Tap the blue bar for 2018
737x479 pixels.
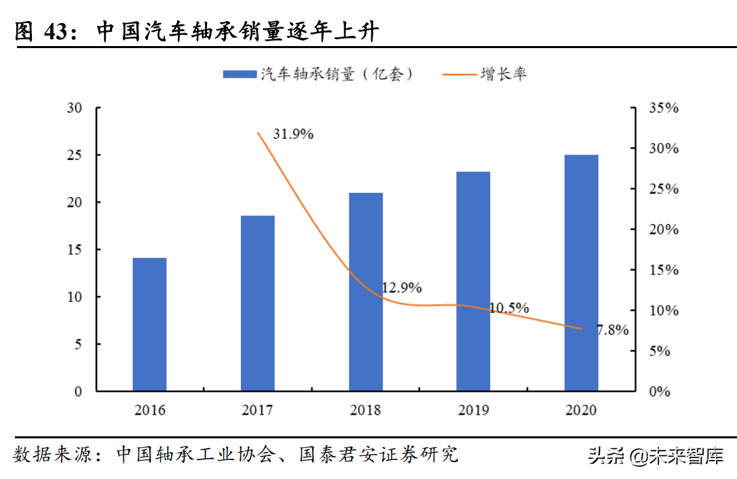[x=365, y=291]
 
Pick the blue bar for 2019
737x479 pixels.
[x=473, y=281]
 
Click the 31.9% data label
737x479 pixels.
[x=293, y=134]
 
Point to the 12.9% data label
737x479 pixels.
[x=401, y=288]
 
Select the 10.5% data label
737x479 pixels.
[x=508, y=308]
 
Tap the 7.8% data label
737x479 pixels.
[x=612, y=331]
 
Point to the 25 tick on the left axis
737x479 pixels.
[x=75, y=155]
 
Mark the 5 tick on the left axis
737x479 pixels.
[x=79, y=344]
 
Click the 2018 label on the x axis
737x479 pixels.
[x=365, y=411]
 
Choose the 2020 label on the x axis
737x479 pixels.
[x=581, y=411]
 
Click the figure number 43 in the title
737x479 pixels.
[x=57, y=32]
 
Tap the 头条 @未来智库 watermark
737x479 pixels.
[x=655, y=455]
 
